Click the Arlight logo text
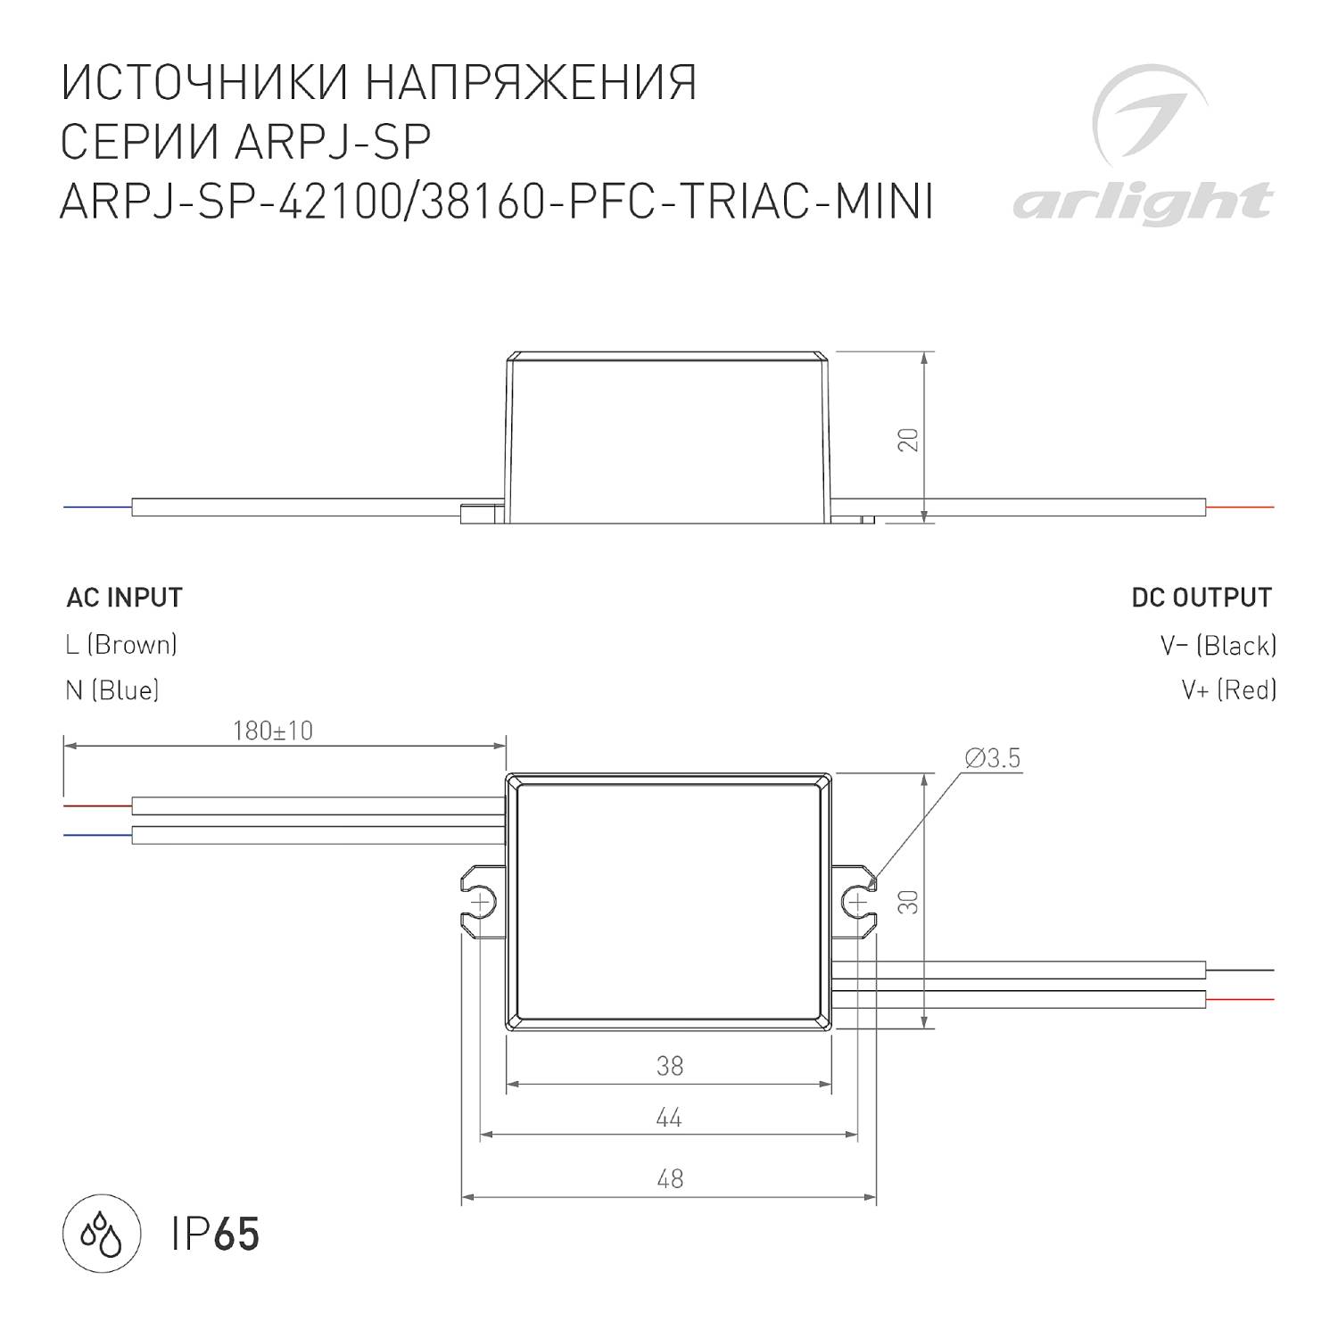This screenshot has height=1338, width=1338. pyautogui.click(x=1143, y=202)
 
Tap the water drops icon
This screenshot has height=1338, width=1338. pyautogui.click(x=103, y=1235)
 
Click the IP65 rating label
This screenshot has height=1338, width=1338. pyautogui.click(x=216, y=1235)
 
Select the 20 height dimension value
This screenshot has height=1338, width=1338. pyautogui.click(x=908, y=440)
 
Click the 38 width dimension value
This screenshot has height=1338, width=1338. pyautogui.click(x=669, y=1066)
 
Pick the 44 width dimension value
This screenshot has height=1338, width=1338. pyautogui.click(x=669, y=1118)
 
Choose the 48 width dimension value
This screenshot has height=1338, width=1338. pyautogui.click(x=669, y=1179)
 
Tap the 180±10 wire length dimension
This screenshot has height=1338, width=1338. pyautogui.click(x=273, y=731)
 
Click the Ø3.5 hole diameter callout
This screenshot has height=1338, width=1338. pyautogui.click(x=993, y=759)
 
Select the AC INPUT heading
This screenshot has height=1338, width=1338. pyautogui.click(x=125, y=598)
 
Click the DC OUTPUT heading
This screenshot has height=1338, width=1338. pyautogui.click(x=1202, y=598)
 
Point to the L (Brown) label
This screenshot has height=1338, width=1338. pyautogui.click(x=121, y=644)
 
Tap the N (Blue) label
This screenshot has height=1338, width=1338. pyautogui.click(x=112, y=690)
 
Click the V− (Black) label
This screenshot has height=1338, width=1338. pyautogui.click(x=1218, y=644)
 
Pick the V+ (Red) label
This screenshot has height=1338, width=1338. pyautogui.click(x=1229, y=690)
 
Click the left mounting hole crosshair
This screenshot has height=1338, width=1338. pyautogui.click(x=480, y=903)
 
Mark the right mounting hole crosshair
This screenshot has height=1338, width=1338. pyautogui.click(x=857, y=903)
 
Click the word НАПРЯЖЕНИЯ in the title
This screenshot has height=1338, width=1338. pyautogui.click(x=532, y=84)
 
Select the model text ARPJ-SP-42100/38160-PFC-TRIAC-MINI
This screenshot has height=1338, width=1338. pyautogui.click(x=496, y=202)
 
